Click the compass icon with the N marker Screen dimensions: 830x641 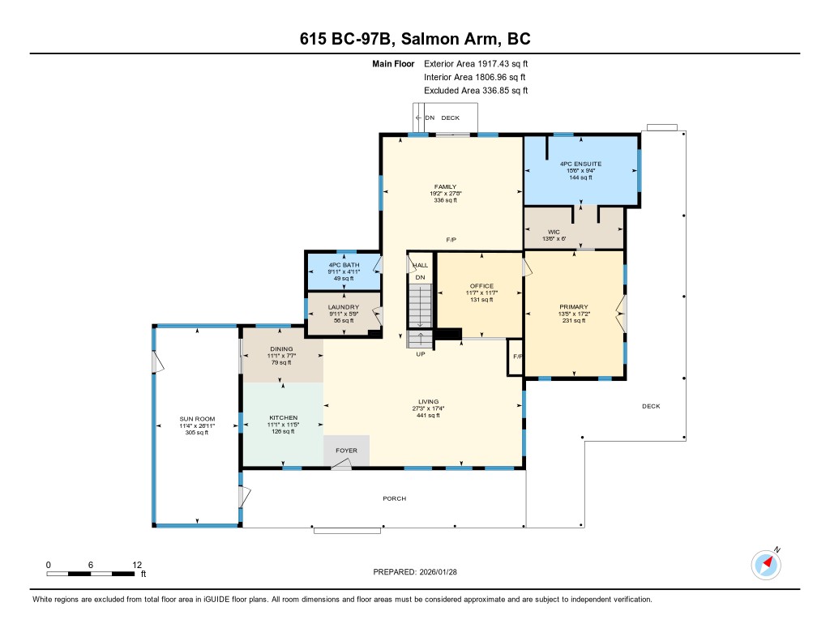tap(766, 565)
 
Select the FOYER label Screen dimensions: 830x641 tap(346, 451)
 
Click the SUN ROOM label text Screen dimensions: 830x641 tap(197, 419)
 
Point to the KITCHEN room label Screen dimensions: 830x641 tap(283, 417)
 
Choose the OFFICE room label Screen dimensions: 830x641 tap(481, 286)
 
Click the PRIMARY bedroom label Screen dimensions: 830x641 tap(574, 306)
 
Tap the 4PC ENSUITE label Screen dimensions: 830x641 tap(580, 164)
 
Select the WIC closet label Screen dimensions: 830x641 tap(554, 232)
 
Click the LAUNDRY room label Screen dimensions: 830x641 tap(344, 307)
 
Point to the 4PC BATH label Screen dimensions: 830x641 tap(344, 265)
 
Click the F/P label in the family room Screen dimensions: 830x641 tap(451, 240)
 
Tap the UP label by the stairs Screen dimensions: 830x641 tap(421, 354)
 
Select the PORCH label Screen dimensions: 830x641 tap(395, 498)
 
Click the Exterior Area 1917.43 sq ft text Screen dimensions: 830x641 tap(476, 63)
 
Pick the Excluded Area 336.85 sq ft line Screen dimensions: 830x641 tap(476, 91)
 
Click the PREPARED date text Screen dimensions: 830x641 tap(415, 571)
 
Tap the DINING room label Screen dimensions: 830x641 tap(281, 348)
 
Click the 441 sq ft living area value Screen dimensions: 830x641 tap(428, 416)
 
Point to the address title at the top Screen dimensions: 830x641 tap(415, 39)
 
